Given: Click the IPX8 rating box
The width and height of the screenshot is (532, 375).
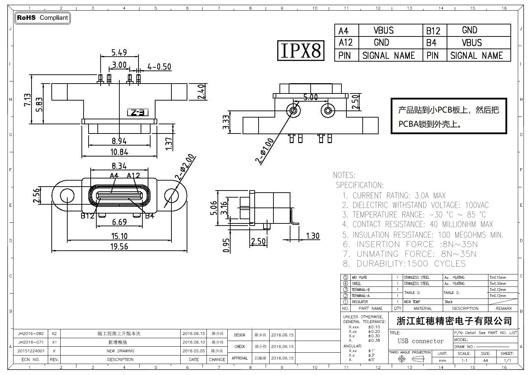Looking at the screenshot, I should [300, 50].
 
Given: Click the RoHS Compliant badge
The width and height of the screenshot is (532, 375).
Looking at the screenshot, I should [43, 18].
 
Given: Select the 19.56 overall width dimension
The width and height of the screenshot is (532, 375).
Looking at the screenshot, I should [119, 246].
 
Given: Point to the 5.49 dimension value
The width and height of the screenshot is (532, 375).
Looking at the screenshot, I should [119, 52].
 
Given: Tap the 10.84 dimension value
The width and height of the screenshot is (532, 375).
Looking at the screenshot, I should [119, 152].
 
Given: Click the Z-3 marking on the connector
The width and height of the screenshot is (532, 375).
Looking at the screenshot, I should [137, 113].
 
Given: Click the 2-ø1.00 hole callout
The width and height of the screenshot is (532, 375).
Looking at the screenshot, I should [265, 150].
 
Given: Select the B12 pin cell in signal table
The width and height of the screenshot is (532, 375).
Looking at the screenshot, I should [433, 31].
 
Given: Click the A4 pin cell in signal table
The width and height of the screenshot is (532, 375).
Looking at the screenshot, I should [343, 31].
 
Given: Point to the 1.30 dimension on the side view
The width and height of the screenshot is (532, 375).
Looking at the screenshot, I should [312, 236].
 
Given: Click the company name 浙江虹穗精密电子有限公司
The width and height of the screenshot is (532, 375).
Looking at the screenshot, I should [454, 321].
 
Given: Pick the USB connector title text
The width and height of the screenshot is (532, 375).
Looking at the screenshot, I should [420, 341].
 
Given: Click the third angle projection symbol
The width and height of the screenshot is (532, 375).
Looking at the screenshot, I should [410, 359].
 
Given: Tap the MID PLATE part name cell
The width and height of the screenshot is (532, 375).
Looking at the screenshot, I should [359, 278].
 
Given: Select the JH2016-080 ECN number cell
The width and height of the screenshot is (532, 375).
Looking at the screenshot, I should [31, 334].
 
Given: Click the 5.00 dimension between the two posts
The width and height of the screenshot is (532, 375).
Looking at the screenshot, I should [310, 97].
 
